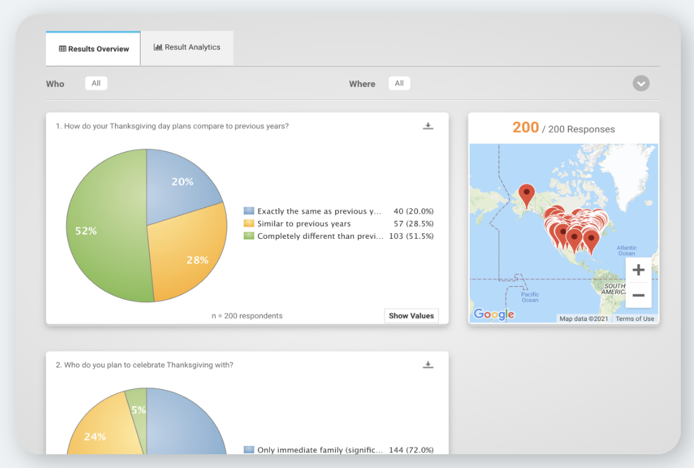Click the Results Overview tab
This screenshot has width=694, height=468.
[x=93, y=48]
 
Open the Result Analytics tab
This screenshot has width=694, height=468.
[x=187, y=47]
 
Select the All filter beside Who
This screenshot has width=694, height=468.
[x=96, y=83]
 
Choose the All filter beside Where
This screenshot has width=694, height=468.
[x=399, y=83]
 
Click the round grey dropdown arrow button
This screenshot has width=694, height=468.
[x=641, y=83]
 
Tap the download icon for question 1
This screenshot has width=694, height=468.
[x=428, y=126]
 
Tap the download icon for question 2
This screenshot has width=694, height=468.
[x=428, y=365]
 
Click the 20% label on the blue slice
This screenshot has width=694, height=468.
[x=182, y=181]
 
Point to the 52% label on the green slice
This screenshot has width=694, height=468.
[x=86, y=230]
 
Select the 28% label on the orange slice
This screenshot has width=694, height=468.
[x=197, y=260]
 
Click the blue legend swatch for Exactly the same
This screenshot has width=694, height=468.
[x=249, y=211]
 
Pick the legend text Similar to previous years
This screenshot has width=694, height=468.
[x=304, y=224]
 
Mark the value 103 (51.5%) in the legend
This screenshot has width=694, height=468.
[x=411, y=236]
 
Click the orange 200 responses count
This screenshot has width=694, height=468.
[x=526, y=127]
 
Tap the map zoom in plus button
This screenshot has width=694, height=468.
[x=638, y=270]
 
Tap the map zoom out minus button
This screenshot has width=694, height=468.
[x=638, y=295]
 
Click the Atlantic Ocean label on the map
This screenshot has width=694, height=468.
[x=627, y=251]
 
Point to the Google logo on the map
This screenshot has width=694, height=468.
[x=494, y=314]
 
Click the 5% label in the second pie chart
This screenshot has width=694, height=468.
[x=139, y=410]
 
